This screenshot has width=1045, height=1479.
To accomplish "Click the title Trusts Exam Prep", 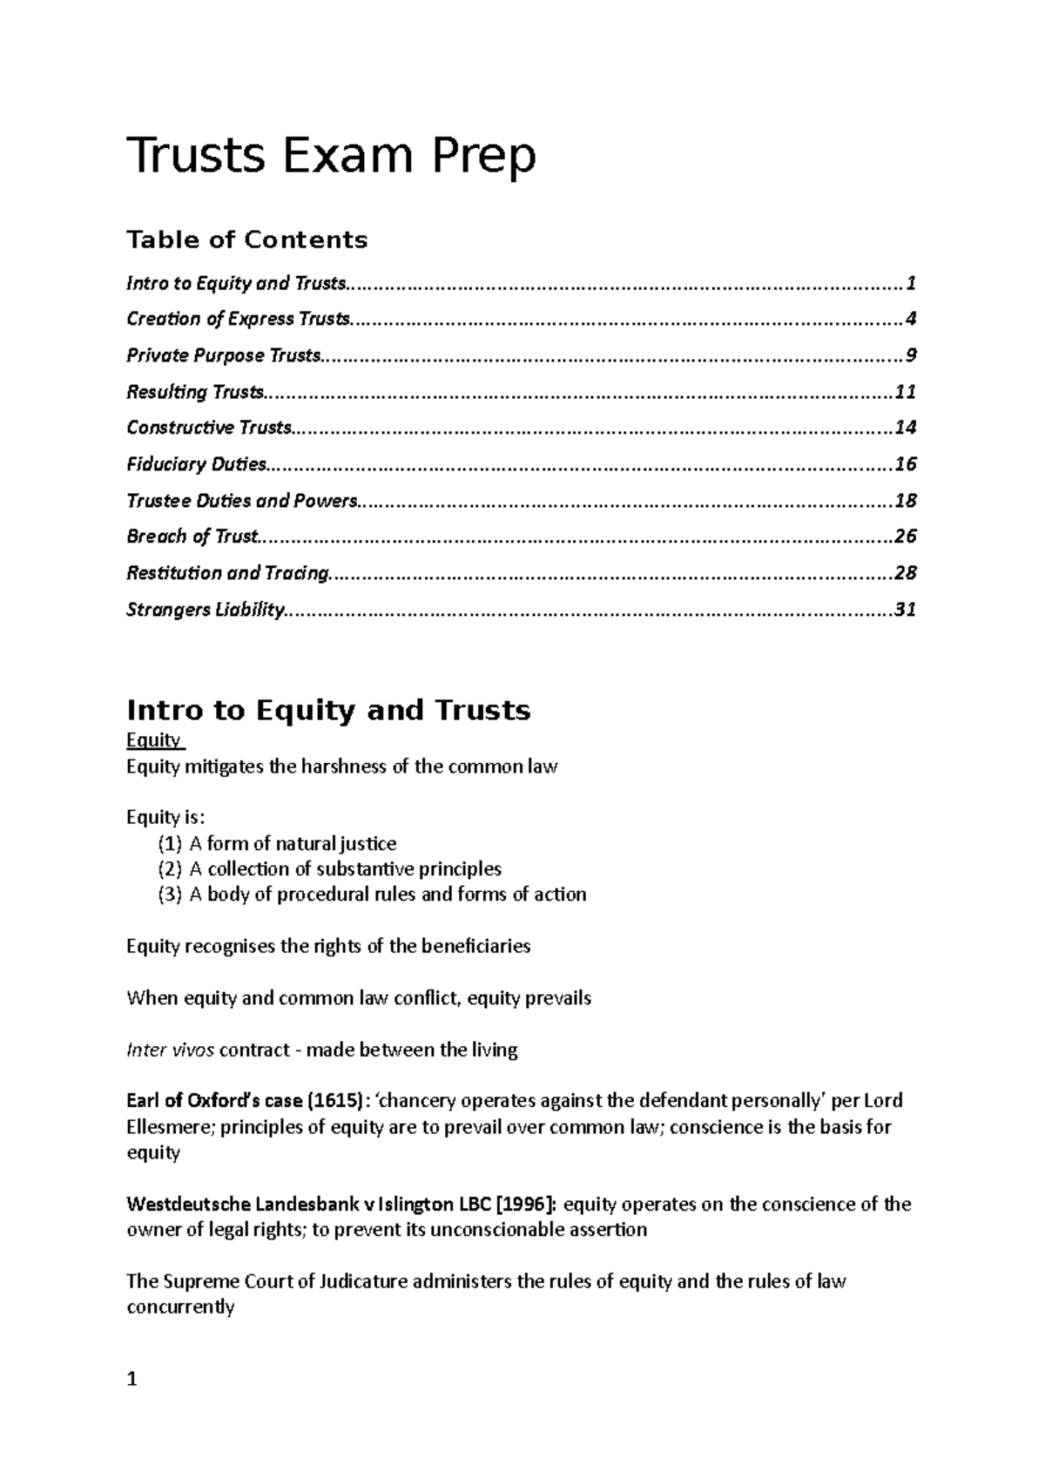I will pyautogui.click(x=331, y=157).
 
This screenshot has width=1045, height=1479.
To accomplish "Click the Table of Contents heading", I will pyautogui.click(x=247, y=240).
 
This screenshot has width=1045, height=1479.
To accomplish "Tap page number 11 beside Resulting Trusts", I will pyautogui.click(x=905, y=392).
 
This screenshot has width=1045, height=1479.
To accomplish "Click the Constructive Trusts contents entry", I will pyautogui.click(x=210, y=428).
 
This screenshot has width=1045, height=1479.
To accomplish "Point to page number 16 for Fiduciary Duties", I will pyautogui.click(x=905, y=464).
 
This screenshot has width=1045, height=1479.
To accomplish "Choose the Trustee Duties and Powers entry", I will pyautogui.click(x=242, y=501).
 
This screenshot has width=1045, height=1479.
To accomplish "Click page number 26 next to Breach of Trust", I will pyautogui.click(x=905, y=537).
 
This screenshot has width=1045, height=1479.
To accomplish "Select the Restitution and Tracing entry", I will pyautogui.click(x=228, y=573).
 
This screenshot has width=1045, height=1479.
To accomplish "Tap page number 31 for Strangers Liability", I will pyautogui.click(x=905, y=610).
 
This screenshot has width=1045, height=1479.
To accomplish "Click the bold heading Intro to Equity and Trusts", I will pyautogui.click(x=328, y=711).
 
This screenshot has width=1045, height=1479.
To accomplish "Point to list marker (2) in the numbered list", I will pyautogui.click(x=169, y=869).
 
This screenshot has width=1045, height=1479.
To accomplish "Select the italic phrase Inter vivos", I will pyautogui.click(x=170, y=1050).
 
